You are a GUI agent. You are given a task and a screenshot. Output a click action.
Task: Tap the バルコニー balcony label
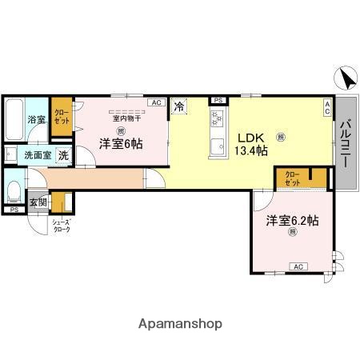346,143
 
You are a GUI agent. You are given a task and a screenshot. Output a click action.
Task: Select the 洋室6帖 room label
121,144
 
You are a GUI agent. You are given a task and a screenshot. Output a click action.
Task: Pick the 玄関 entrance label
38,202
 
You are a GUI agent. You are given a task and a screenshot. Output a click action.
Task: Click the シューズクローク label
62,226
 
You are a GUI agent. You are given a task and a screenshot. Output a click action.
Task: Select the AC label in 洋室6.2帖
298,266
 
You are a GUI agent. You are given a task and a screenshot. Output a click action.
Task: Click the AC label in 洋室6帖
156,102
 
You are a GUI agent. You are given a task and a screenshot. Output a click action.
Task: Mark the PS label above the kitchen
218,100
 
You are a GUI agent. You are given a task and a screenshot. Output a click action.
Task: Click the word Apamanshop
180,324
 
